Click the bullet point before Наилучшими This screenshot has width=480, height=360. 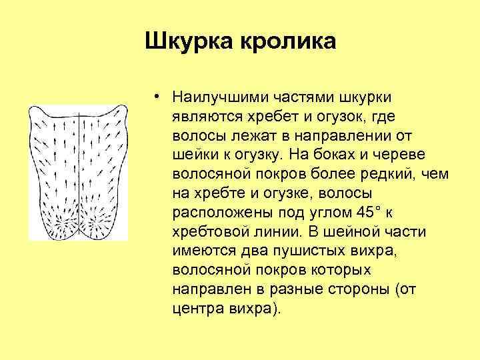(x=154, y=97)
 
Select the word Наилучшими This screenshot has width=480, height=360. (x=223, y=97)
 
